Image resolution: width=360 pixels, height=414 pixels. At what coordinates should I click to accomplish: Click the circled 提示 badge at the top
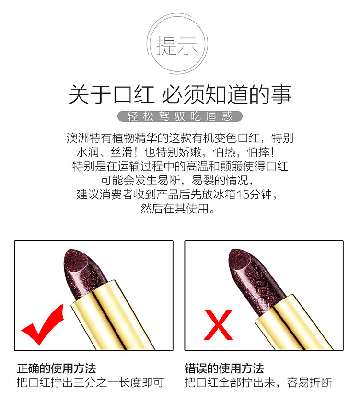pos(177,44)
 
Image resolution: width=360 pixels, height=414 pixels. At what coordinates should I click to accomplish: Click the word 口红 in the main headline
pos(134,94)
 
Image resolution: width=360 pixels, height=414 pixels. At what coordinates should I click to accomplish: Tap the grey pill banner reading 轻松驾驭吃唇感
pos(180,116)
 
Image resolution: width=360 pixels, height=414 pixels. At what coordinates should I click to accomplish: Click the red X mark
pos(218,325)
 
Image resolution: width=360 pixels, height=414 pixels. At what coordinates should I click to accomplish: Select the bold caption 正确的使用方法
pos(57,368)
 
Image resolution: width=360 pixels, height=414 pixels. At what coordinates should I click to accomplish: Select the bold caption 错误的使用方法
pos(224,368)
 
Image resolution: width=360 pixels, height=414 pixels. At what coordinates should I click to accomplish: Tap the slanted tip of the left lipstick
pos(77,260)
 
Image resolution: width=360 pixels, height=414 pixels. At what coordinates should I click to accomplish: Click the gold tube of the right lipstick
pos(293,323)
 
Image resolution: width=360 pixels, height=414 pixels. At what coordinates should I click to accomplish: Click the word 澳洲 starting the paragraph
pos(78,138)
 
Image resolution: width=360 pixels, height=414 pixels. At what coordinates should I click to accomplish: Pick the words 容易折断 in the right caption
pos(309,382)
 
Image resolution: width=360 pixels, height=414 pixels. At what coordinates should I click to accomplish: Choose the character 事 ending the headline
pos(281,94)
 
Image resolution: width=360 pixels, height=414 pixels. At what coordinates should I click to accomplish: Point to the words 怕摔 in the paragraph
pos(258,152)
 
